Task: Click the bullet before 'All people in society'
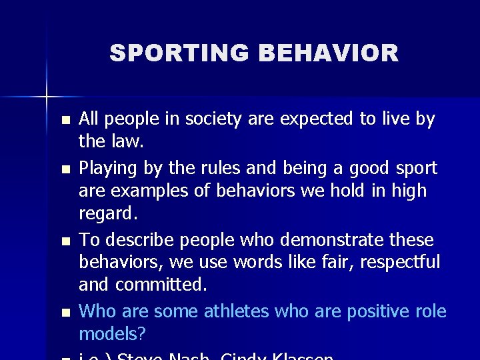[64, 121]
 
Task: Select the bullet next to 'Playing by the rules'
[64, 169]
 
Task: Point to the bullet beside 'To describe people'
[64, 241]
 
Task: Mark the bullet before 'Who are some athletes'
[64, 313]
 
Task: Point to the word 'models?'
[113, 333]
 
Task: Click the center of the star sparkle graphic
[47, 97]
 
